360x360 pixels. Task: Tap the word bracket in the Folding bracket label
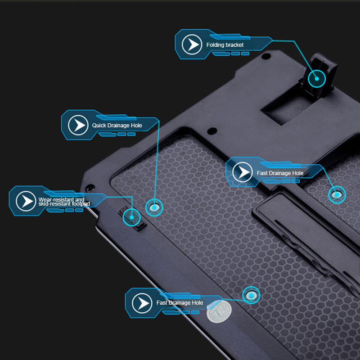(x=234, y=45)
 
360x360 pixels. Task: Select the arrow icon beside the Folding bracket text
(x=192, y=44)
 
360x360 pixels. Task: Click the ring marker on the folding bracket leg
(x=317, y=78)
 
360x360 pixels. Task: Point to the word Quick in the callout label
(x=99, y=126)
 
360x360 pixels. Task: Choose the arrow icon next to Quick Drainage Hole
(x=78, y=125)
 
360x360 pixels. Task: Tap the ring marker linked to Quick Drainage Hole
(x=154, y=207)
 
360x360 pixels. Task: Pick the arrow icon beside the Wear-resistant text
(x=26, y=201)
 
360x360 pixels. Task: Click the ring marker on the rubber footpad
(x=131, y=217)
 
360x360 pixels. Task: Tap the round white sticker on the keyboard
(x=219, y=311)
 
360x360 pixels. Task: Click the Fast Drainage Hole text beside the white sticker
(x=180, y=302)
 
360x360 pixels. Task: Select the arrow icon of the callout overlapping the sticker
(x=142, y=303)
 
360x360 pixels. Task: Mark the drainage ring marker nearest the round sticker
(x=251, y=295)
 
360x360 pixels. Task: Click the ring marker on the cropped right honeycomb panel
(x=337, y=195)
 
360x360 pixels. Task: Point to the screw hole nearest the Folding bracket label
(x=266, y=56)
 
